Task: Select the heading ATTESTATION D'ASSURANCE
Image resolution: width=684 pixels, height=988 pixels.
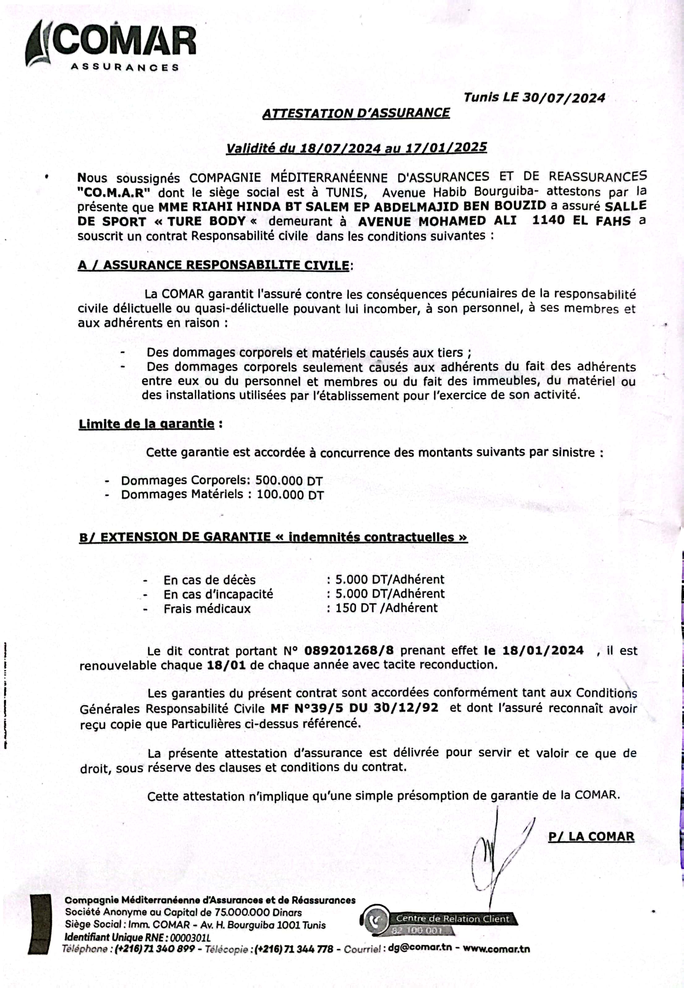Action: coord(356,113)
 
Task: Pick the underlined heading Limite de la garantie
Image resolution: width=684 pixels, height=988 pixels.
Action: coord(146,424)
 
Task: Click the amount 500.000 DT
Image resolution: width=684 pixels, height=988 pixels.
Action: coord(289,480)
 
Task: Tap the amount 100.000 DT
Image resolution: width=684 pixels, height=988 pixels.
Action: coord(290,495)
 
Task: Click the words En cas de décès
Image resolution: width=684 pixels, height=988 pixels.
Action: coord(209,580)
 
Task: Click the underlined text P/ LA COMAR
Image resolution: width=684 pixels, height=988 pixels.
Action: coord(591,836)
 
